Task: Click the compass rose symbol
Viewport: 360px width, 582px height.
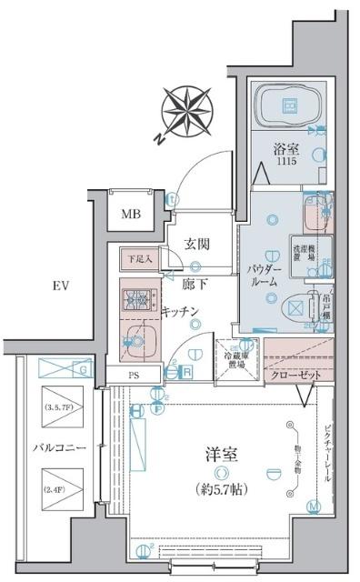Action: (x=187, y=110)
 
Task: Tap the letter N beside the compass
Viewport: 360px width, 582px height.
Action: (x=159, y=138)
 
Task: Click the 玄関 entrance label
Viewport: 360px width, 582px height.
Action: (x=199, y=244)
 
